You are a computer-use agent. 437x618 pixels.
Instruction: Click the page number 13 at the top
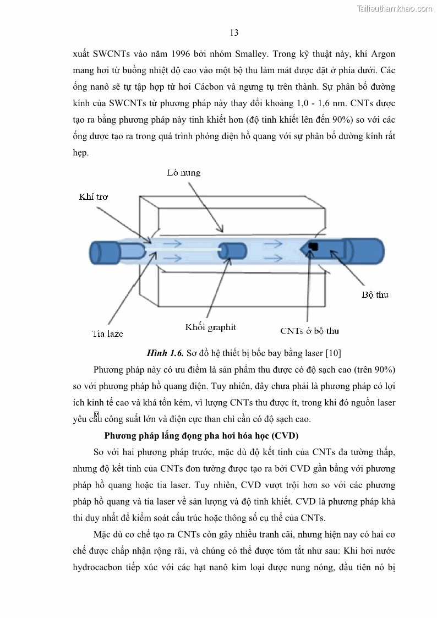pyautogui.click(x=234, y=32)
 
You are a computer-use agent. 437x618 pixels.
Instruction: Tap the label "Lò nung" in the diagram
pyautogui.click(x=184, y=173)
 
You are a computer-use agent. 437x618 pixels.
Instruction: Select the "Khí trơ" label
pyautogui.click(x=94, y=196)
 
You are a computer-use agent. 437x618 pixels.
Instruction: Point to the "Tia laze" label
pyautogui.click(x=107, y=333)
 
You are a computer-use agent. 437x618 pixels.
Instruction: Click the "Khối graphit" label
pyautogui.click(x=211, y=327)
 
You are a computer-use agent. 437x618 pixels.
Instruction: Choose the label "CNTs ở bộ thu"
pyautogui.click(x=309, y=331)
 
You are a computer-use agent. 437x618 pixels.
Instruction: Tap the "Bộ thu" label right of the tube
pyautogui.click(x=375, y=294)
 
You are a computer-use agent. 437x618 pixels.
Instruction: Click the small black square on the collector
pyautogui.click(x=314, y=246)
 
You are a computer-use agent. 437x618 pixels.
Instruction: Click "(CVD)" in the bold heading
pyautogui.click(x=282, y=436)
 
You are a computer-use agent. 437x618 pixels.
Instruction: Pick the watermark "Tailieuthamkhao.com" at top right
pyautogui.click(x=395, y=8)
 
